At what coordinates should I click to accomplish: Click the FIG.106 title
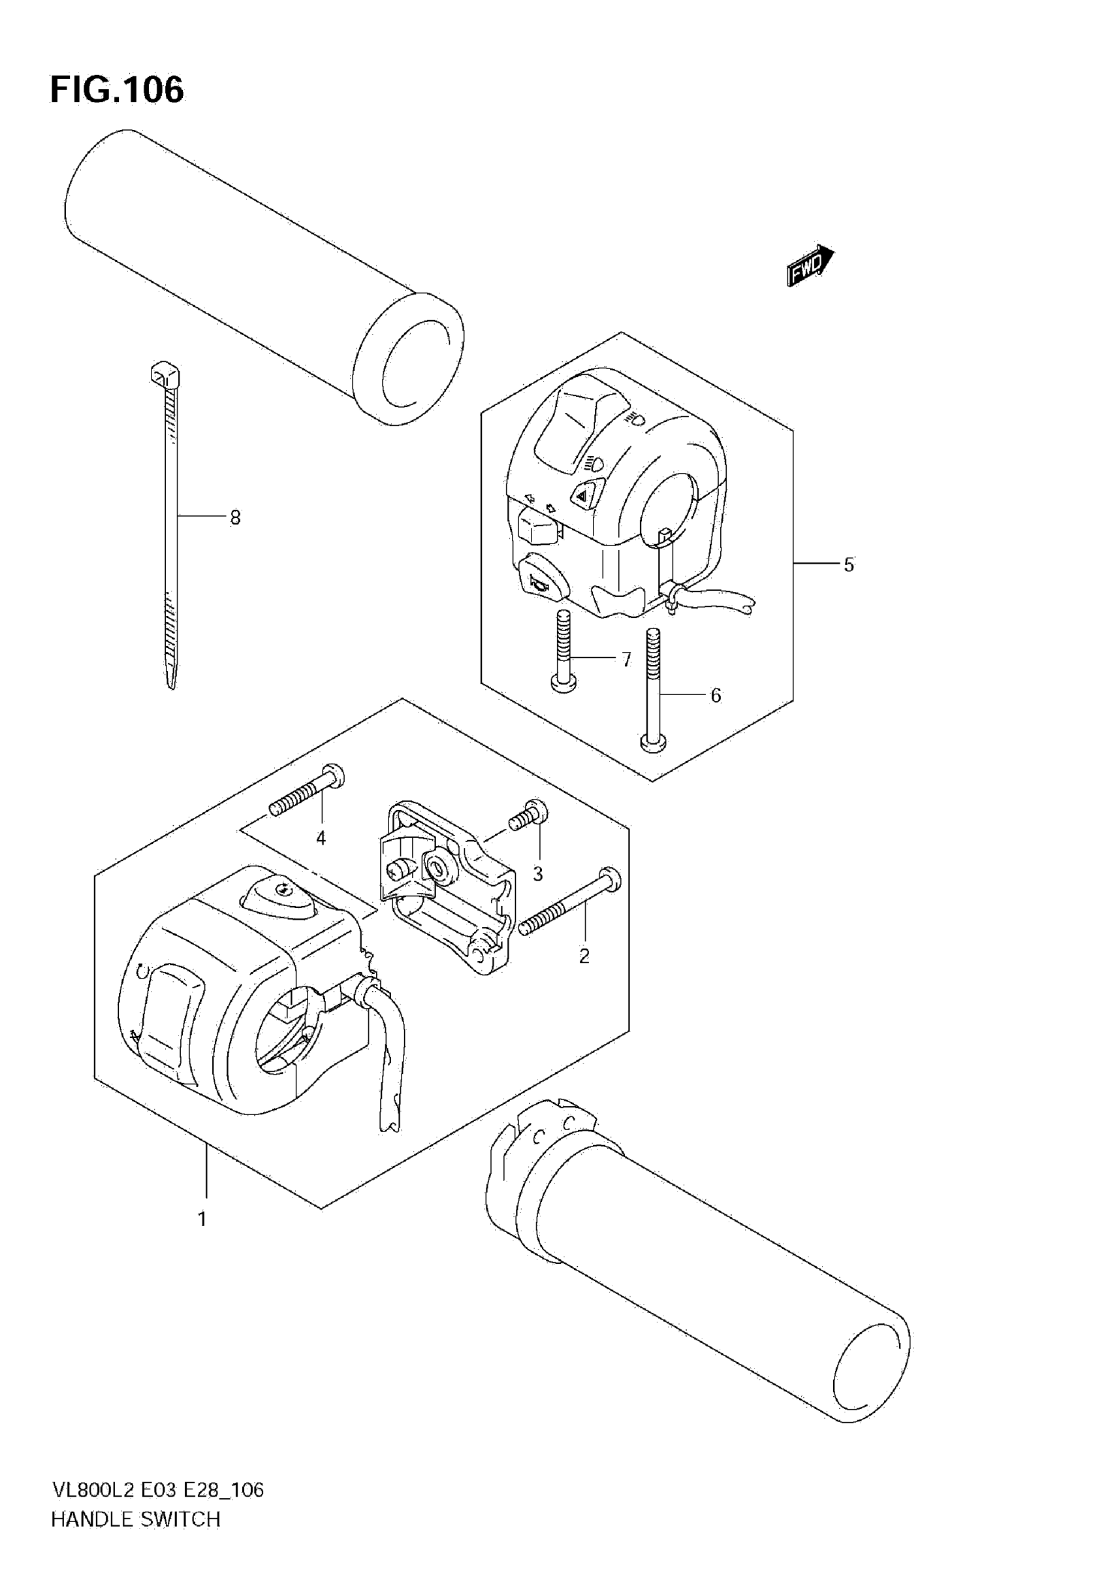(x=117, y=89)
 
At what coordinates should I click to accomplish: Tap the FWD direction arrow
(x=810, y=265)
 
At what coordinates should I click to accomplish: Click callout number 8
(x=235, y=518)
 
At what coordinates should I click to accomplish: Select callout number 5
(x=848, y=565)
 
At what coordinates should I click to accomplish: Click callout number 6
(x=716, y=696)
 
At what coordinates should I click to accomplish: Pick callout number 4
(x=321, y=838)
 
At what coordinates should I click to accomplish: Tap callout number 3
(x=537, y=873)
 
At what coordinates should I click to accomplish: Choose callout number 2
(x=584, y=956)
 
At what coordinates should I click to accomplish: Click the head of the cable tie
(x=165, y=375)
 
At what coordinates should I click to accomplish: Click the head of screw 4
(x=335, y=777)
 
